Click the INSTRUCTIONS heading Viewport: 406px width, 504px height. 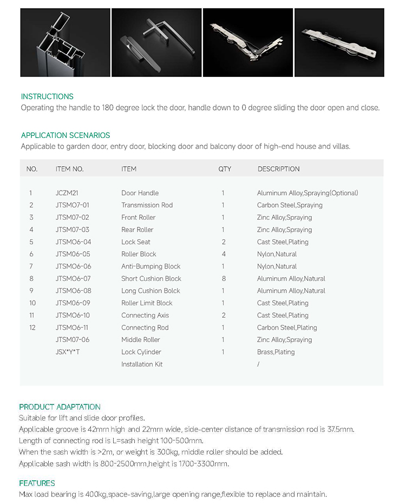coord(47,96)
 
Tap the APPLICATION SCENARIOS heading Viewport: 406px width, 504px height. coord(66,135)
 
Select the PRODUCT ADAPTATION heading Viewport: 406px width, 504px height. coord(60,407)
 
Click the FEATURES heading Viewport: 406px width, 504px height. coord(37,483)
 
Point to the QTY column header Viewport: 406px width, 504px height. coord(225,169)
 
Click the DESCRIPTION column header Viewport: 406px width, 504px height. coord(278,169)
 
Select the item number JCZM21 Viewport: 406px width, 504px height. coord(67,193)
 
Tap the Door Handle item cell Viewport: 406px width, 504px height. coord(140,193)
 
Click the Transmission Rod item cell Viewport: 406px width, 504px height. coord(147,205)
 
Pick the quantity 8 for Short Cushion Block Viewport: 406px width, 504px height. coord(224,279)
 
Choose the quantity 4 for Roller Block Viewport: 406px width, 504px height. coord(224,254)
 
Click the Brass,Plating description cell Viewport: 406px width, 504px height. coord(276,352)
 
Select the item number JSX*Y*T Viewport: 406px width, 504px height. coord(70,352)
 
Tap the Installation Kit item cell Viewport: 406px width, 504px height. coord(142,364)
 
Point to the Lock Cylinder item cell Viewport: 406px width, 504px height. coord(141,352)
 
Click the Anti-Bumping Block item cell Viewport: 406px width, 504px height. coord(150,266)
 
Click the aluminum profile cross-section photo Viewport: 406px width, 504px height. coord(64,43)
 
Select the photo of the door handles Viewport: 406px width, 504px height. coord(156,43)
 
